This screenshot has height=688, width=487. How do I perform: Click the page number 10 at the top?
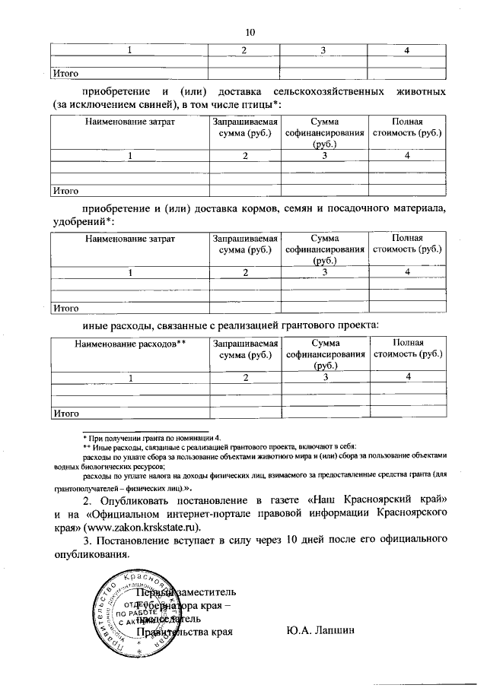[251, 32]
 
